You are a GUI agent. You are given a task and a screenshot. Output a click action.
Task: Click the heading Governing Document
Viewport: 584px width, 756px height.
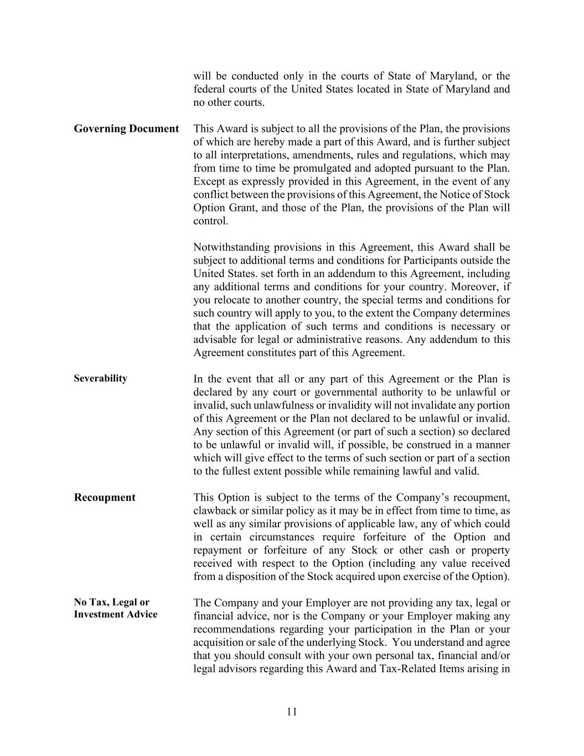(x=126, y=129)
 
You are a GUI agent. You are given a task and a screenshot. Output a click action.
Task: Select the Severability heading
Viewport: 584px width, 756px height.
(x=101, y=378)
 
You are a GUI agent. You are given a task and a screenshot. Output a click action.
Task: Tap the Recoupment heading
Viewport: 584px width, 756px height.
(x=105, y=497)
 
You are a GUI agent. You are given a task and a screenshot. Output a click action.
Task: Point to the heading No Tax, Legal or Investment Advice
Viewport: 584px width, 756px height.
(x=115, y=608)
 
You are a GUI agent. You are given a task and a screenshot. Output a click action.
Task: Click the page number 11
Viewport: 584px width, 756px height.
(x=292, y=712)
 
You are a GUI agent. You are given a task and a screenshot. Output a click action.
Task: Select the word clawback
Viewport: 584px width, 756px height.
(x=215, y=511)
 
